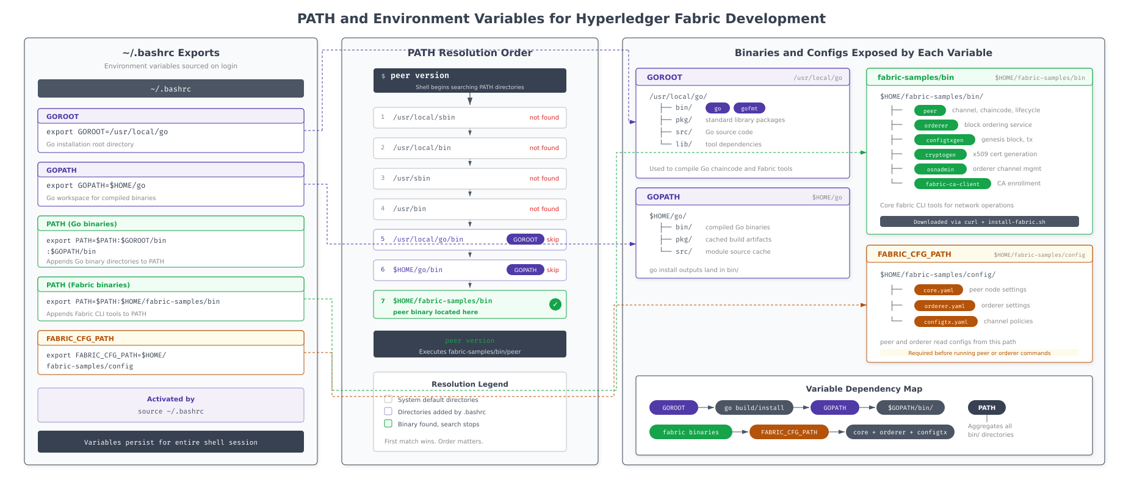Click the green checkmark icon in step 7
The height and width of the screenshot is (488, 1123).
[x=555, y=304]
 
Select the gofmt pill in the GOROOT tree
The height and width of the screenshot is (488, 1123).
[x=749, y=108]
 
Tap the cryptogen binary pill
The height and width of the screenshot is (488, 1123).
[x=940, y=154]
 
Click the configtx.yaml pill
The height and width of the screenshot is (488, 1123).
[x=945, y=321]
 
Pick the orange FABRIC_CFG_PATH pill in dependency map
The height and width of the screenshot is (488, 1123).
[x=789, y=432]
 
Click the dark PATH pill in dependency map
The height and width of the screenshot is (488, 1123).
[x=986, y=407]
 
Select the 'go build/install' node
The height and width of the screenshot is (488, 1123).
[x=754, y=407]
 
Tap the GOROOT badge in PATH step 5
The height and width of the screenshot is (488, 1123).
[x=525, y=239]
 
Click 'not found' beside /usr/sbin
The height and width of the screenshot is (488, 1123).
[x=544, y=178]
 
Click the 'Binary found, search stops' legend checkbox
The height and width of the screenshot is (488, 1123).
[x=388, y=423]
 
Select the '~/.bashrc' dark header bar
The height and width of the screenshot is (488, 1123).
[x=171, y=88]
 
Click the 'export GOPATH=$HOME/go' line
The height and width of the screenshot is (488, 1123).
[x=96, y=185]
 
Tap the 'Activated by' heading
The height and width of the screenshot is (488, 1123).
[x=171, y=399]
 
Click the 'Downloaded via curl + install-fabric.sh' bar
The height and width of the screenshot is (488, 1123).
[x=979, y=221]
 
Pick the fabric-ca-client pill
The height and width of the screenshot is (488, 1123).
[x=952, y=184]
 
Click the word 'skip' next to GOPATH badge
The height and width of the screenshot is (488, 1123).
[x=552, y=270]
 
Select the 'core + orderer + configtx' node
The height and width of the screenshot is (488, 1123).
[x=900, y=432]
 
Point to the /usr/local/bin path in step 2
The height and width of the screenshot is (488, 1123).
[x=422, y=148]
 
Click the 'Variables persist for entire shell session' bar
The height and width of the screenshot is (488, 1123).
[x=171, y=442]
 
